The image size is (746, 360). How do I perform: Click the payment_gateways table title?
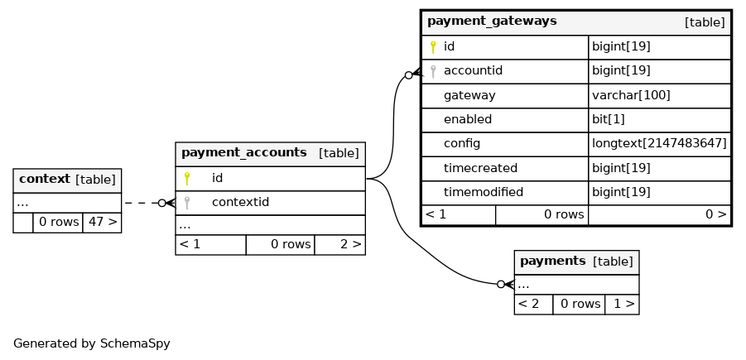pos(492,22)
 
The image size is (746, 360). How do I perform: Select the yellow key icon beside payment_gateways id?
pos(433,47)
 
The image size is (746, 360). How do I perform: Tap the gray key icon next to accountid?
pos(433,71)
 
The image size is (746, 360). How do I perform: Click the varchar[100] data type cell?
pos(631,96)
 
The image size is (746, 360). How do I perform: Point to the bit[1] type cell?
pos(608,119)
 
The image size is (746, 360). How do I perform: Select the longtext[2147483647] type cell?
pos(659,144)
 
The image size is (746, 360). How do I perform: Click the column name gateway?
pos(469,96)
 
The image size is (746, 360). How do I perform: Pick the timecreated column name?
pos(480,168)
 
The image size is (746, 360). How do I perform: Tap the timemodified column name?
pos(484,192)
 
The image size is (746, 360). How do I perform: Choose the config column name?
pos(462,144)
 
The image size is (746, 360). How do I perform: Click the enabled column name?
pos(468,119)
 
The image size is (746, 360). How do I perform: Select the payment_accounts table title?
pos(244,152)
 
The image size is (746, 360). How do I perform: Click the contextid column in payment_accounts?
pos(240,202)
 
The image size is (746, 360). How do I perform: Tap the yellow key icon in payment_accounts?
pos(187,178)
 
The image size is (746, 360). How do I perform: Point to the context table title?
pos(44,180)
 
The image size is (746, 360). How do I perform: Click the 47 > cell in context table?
pos(103,222)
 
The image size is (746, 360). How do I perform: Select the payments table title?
pos(553,261)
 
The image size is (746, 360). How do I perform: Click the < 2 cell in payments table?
pos(528,304)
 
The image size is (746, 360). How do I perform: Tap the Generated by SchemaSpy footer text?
pos(92,343)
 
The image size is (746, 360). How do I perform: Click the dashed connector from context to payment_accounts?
pos(142,203)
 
